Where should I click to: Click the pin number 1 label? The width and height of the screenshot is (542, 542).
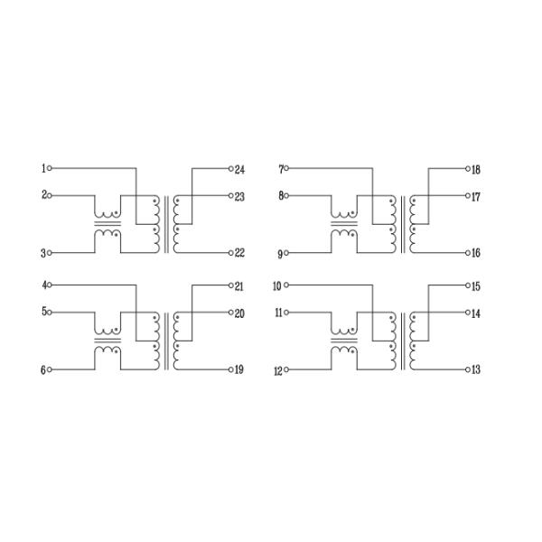43,169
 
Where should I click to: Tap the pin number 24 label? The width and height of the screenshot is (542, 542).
239,170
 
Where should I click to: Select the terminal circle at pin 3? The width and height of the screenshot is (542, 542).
50,253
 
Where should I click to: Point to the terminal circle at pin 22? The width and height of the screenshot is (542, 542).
231,253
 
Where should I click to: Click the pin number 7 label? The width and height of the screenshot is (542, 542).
281,170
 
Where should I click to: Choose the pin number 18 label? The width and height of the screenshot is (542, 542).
476,170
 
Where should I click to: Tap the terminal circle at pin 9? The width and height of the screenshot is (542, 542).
286,253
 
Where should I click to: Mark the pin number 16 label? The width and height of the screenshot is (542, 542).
476,253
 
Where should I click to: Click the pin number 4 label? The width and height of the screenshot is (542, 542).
44,285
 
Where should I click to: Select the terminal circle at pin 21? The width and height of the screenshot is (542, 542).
231,285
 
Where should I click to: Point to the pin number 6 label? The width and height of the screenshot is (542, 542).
43,370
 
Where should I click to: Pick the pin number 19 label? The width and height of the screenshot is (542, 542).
239,369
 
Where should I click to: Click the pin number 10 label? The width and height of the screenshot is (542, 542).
277,286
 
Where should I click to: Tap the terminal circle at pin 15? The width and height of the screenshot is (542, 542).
468,285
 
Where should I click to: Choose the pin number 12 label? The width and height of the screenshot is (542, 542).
278,371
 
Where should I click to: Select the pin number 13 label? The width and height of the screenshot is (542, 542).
476,369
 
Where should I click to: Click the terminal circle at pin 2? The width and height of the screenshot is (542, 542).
50,196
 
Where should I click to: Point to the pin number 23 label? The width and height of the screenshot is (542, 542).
239,197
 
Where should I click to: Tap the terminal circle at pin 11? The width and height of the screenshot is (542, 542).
286,313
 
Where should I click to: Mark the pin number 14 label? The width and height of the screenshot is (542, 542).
476,313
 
